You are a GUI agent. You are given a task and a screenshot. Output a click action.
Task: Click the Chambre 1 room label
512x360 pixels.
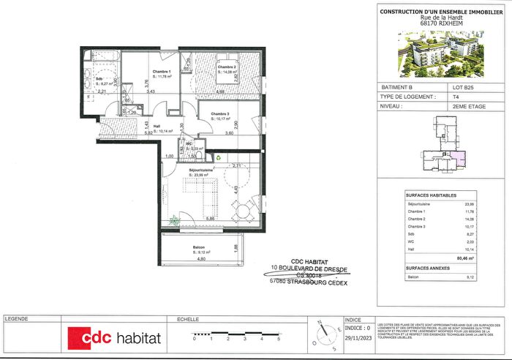click(x=162, y=71)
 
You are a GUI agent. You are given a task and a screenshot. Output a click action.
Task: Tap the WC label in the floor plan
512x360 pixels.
click(x=188, y=143)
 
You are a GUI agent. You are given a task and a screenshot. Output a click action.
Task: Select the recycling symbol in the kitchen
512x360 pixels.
click(x=217, y=156)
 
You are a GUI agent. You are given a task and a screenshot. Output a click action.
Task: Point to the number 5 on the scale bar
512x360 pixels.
click(x=278, y=340)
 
